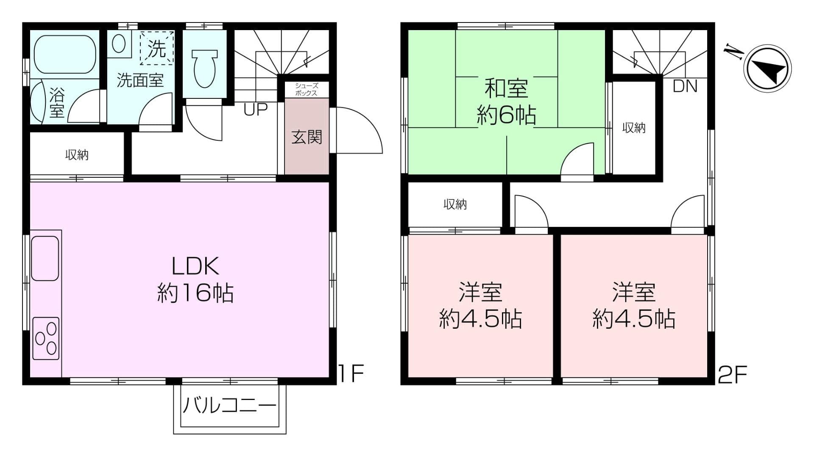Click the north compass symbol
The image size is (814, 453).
[x=769, y=69]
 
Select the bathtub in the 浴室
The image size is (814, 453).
[x=65, y=54]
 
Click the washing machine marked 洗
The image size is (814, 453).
[x=157, y=48]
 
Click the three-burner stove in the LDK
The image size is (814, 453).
[x=46, y=338]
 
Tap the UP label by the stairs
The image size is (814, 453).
[x=256, y=109]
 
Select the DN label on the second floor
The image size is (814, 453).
[x=685, y=87]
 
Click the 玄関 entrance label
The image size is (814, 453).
[x=307, y=137]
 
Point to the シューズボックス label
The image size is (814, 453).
[x=306, y=89]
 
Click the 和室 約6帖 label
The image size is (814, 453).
[x=506, y=102]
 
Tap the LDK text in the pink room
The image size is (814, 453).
[x=195, y=266]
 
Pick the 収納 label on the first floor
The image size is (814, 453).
[x=77, y=155]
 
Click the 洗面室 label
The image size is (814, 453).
[x=140, y=80]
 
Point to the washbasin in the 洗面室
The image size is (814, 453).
[x=119, y=44]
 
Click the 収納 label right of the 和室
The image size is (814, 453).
[x=634, y=128]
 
